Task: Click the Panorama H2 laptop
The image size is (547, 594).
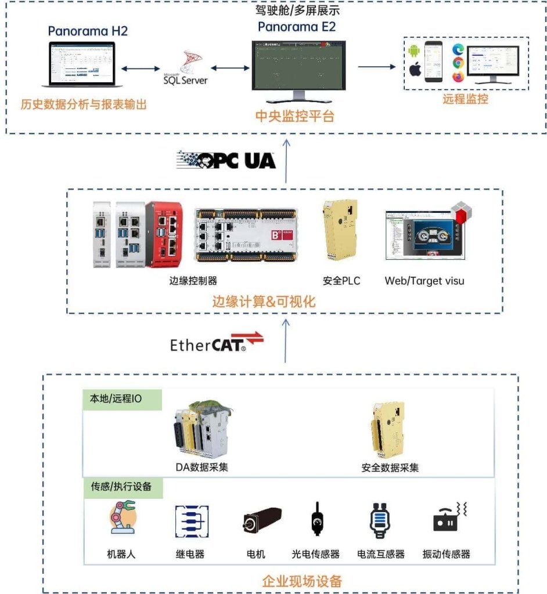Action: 81,64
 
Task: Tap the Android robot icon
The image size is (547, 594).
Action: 414,51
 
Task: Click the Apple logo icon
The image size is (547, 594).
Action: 415,71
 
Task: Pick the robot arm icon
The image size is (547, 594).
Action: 122,518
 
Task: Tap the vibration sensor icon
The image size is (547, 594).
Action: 449,518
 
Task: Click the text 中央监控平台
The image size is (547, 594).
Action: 295,116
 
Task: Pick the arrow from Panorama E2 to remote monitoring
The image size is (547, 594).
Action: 376,67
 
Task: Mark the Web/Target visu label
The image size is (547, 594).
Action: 424,281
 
